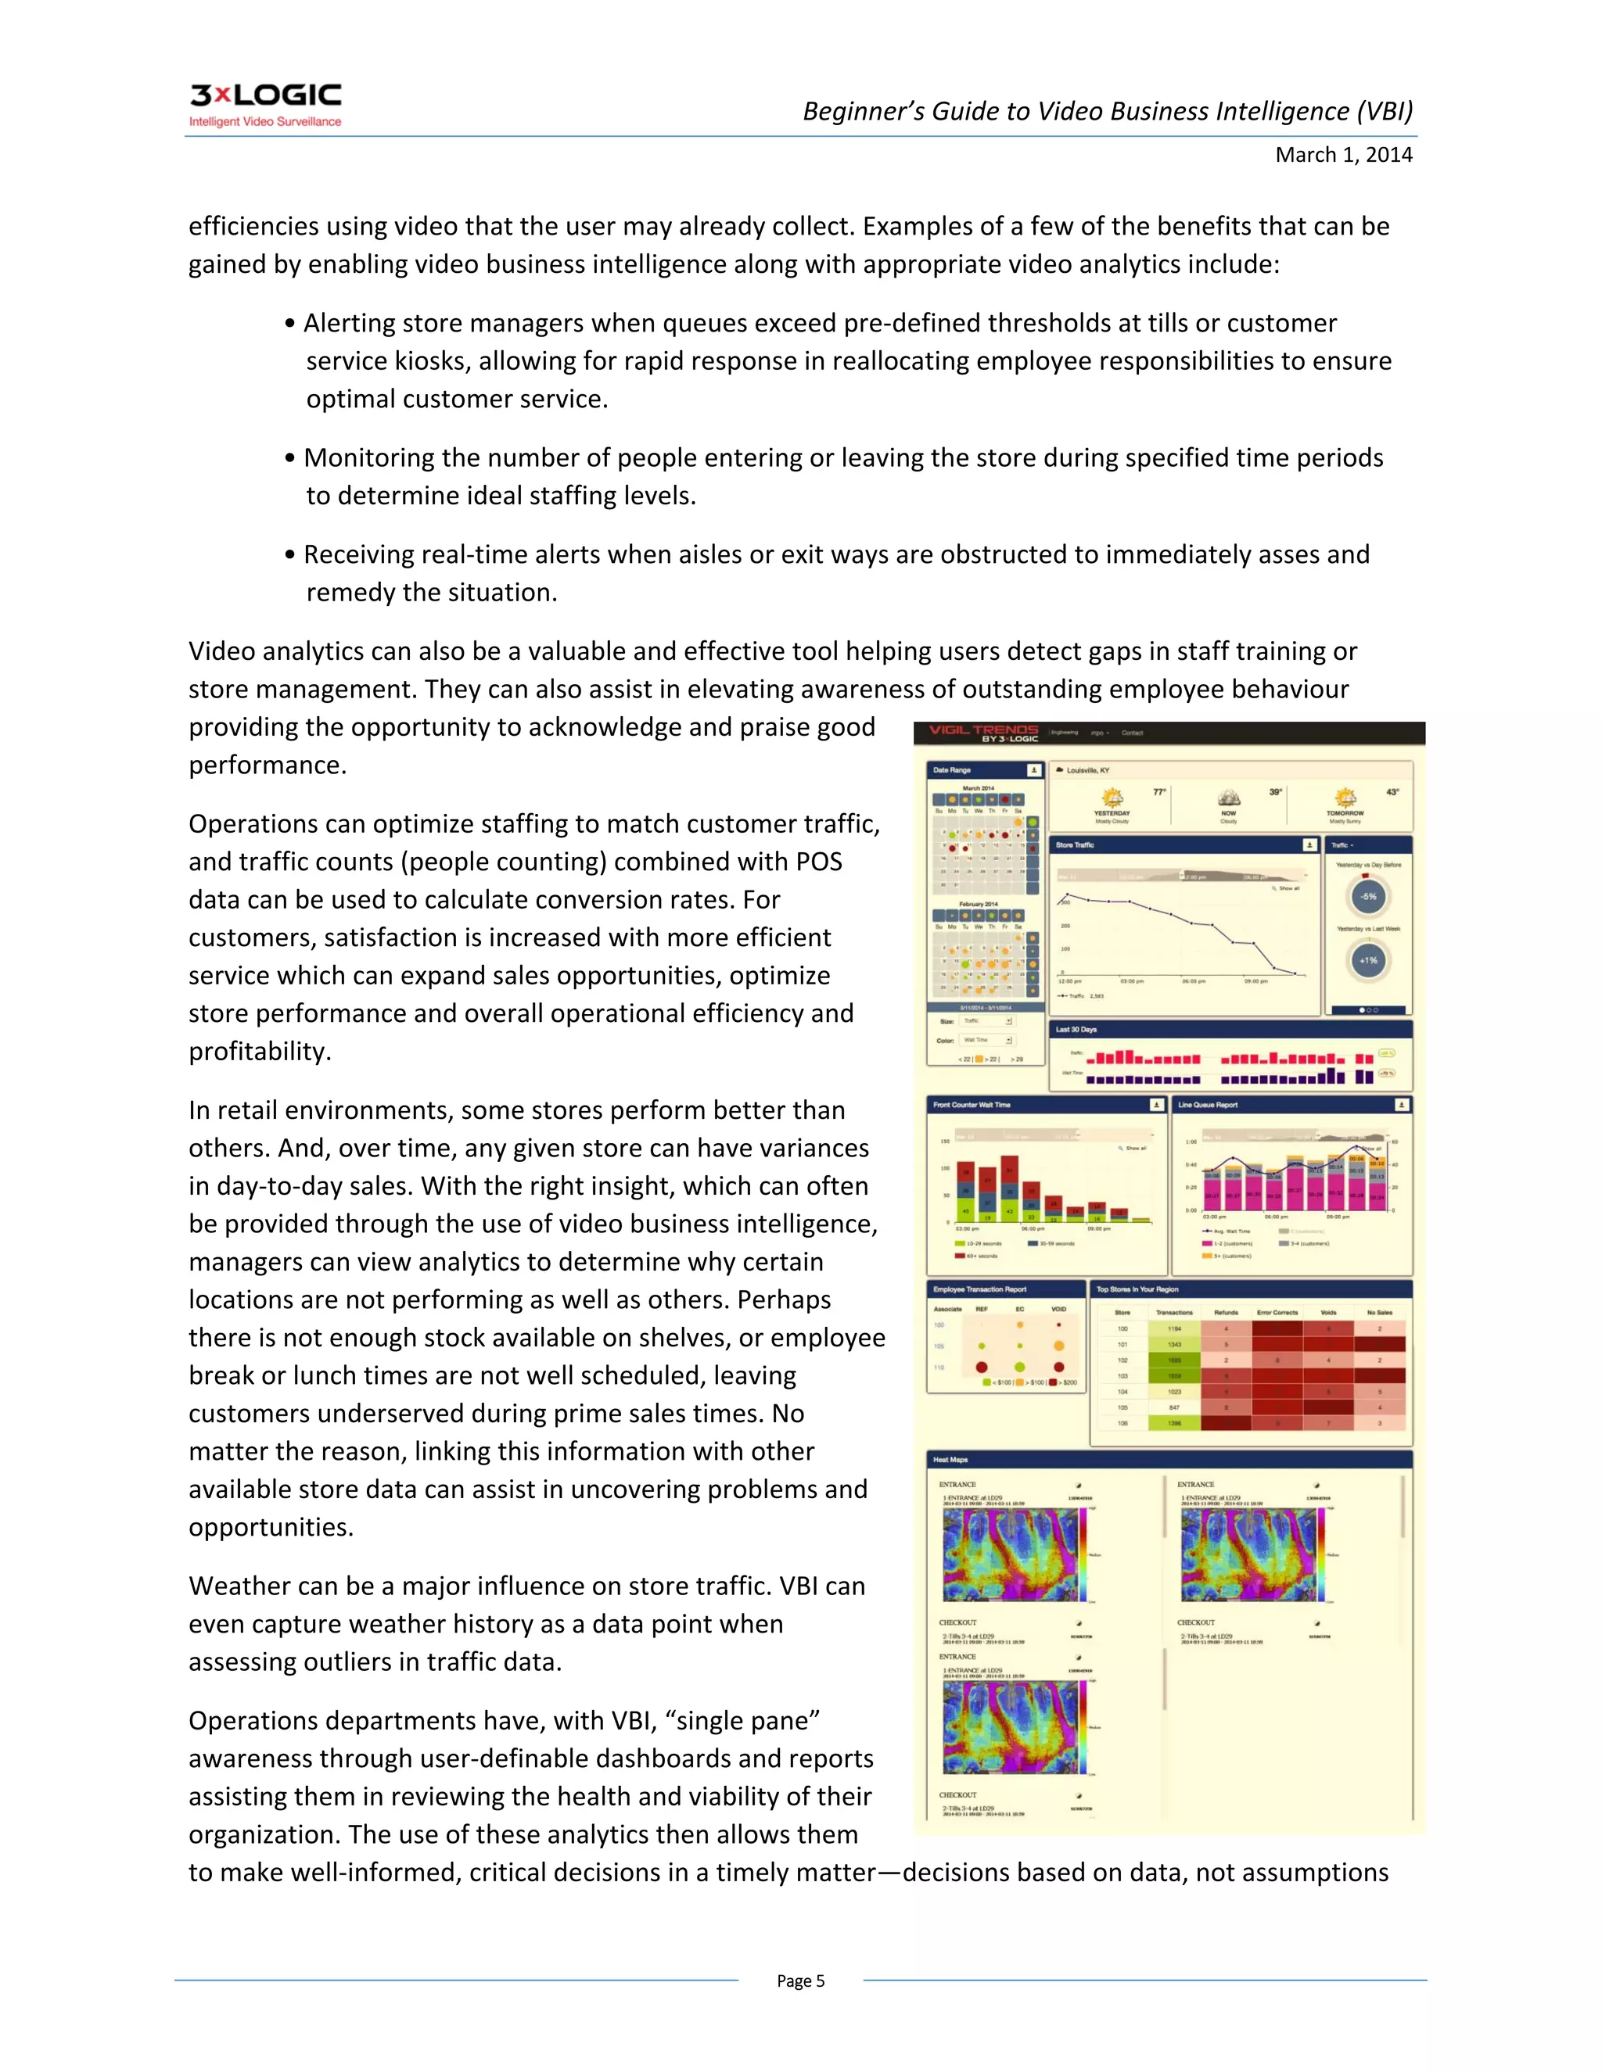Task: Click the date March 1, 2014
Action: pyautogui.click(x=1343, y=155)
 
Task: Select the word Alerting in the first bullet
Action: pyautogui.click(x=348, y=324)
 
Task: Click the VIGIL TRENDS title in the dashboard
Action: pyautogui.click(x=983, y=732)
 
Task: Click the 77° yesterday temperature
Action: pyautogui.click(x=1158, y=792)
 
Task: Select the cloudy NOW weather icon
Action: pyautogui.click(x=1229, y=797)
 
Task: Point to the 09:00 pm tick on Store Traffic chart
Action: pyautogui.click(x=1255, y=981)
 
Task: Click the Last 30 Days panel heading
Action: pyautogui.click(x=1076, y=1030)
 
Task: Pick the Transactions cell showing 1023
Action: pyautogui.click(x=1174, y=1392)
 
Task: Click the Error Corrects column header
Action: pyautogui.click(x=1277, y=1313)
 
